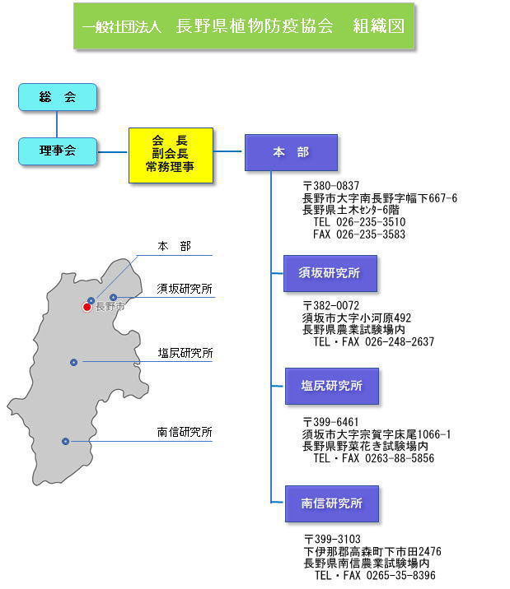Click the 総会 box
(58, 97)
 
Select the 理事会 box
(58, 151)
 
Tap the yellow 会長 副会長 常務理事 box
(171, 155)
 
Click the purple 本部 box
(291, 152)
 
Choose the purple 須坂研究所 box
(330, 273)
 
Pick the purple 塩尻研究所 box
(332, 386)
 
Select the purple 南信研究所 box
(332, 503)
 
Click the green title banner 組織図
(244, 26)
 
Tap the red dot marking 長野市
(87, 308)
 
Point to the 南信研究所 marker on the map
(65, 441)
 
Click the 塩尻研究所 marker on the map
(73, 362)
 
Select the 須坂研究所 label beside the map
(185, 289)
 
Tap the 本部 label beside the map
(175, 246)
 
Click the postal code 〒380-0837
(331, 186)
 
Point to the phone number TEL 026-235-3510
(359, 222)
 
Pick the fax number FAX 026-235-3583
(359, 234)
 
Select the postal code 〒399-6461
(331, 422)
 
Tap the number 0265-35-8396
(401, 575)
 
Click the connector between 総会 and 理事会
(57, 124)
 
